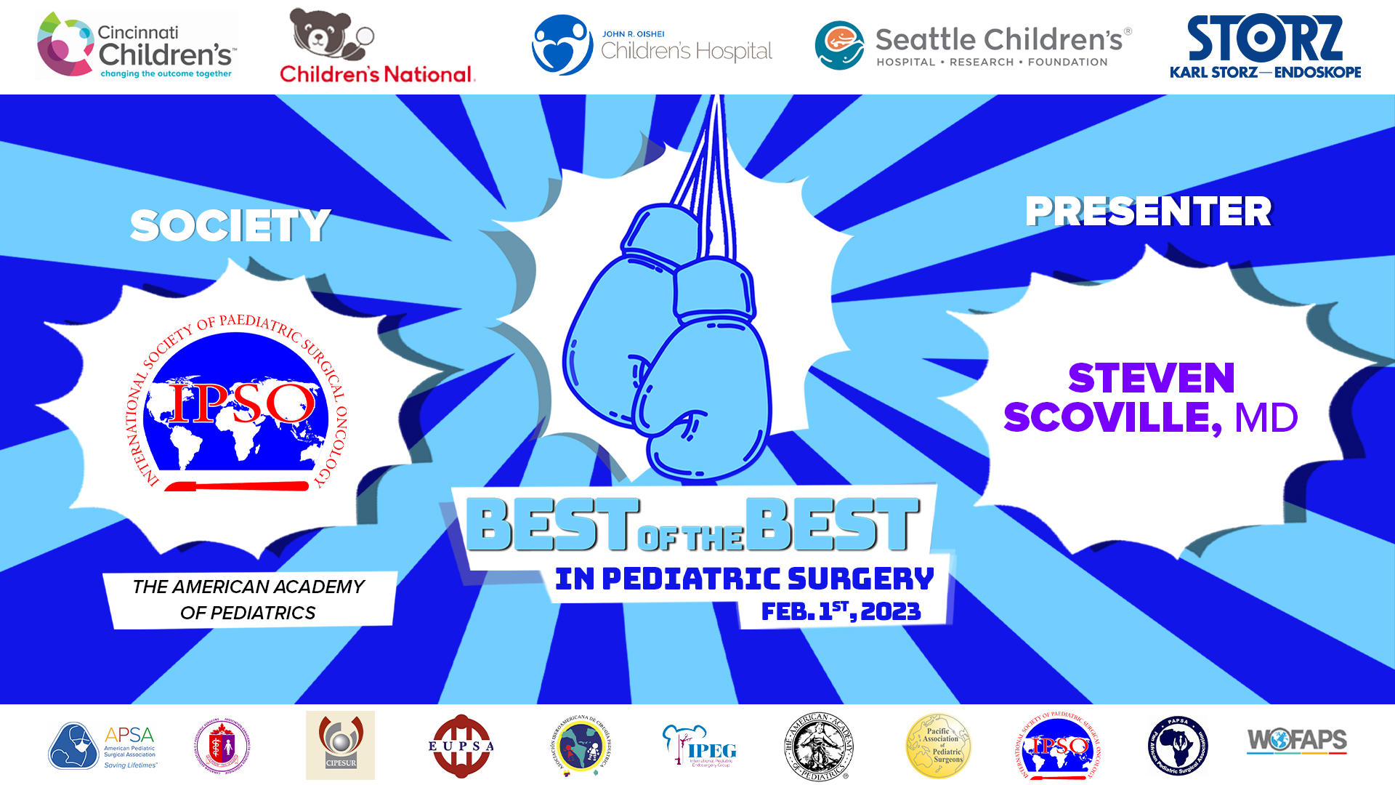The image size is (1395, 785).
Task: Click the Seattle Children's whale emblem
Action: (x=839, y=46)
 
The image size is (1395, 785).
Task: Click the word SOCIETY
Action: (x=230, y=225)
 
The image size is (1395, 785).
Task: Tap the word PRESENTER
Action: (x=1148, y=212)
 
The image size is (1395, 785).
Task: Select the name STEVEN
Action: (x=1151, y=378)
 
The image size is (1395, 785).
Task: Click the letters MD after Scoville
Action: (x=1266, y=418)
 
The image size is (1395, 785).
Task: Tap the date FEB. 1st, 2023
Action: (x=841, y=611)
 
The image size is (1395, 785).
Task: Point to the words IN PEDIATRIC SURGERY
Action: (x=744, y=579)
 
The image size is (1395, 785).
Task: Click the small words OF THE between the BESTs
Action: (x=691, y=539)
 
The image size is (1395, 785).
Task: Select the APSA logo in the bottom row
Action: (x=102, y=746)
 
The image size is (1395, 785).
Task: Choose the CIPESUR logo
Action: (x=340, y=745)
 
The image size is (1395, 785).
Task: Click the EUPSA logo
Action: (x=461, y=746)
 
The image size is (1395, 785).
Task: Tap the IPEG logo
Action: (x=700, y=746)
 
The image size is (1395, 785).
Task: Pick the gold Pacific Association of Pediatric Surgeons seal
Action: (x=938, y=746)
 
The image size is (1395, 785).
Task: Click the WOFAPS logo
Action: (x=1297, y=741)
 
